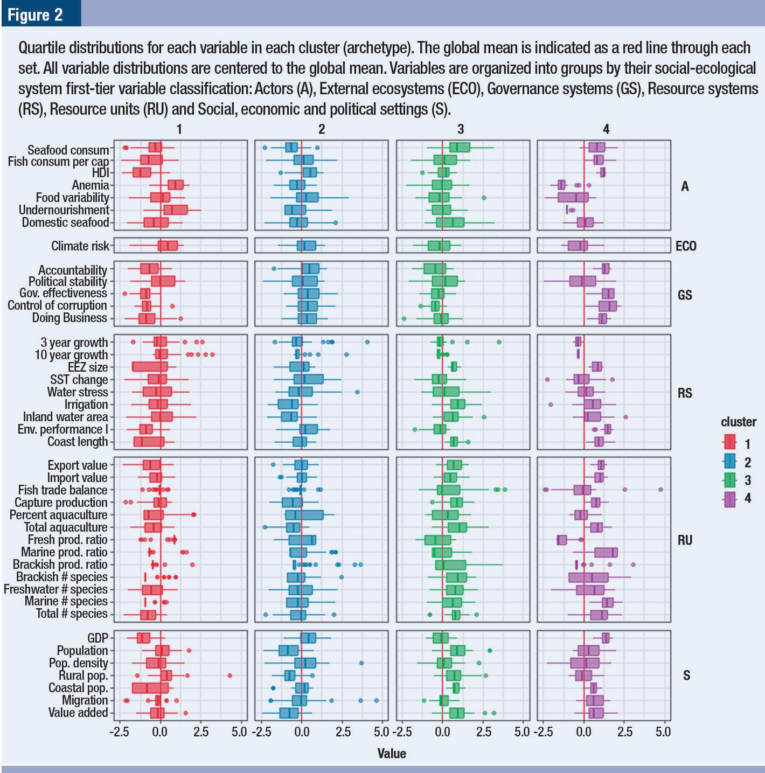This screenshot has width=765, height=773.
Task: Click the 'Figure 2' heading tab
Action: (36, 14)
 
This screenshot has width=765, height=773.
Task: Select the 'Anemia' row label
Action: (90, 185)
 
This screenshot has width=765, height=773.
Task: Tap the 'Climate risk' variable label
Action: (80, 246)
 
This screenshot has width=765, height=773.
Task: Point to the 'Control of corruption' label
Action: (57, 305)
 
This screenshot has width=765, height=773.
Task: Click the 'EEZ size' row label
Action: (88, 367)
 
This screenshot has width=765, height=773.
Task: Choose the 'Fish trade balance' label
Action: (62, 490)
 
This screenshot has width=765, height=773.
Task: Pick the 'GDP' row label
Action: (98, 638)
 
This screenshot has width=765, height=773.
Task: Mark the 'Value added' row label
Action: (78, 713)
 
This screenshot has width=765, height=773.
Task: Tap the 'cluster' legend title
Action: (738, 422)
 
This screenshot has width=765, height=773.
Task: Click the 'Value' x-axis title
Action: (392, 753)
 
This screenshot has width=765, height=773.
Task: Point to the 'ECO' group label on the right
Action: (685, 246)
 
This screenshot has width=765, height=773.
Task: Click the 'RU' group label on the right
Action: (685, 540)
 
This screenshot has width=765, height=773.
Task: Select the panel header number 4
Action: (606, 129)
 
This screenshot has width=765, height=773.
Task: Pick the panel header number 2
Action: (322, 129)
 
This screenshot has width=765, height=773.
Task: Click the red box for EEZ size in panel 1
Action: (150, 367)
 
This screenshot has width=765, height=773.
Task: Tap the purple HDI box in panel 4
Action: (602, 172)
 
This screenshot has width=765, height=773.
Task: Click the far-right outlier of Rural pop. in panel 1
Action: (230, 675)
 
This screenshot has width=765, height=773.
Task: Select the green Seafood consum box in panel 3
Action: (460, 148)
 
